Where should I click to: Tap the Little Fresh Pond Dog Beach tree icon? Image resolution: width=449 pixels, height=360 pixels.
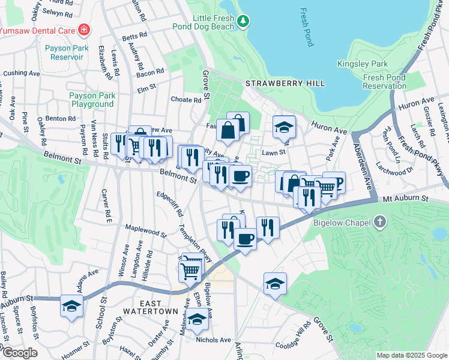[243, 22]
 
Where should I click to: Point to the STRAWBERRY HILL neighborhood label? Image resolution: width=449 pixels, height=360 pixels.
[285, 83]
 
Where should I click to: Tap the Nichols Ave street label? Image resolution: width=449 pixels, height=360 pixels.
[213, 340]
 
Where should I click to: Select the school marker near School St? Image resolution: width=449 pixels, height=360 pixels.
[71, 307]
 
